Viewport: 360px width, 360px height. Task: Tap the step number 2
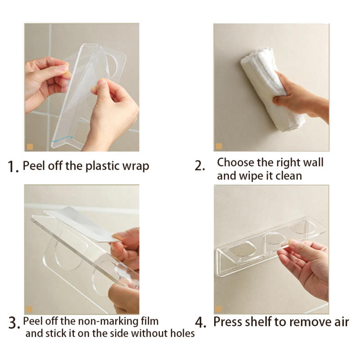(199, 166)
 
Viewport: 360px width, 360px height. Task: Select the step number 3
(13, 323)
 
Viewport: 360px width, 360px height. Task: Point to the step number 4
(200, 323)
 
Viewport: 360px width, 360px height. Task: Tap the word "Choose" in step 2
(235, 162)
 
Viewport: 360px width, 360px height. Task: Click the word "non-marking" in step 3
(103, 321)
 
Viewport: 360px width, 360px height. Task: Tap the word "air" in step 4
(341, 322)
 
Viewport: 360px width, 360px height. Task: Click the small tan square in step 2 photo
(219, 147)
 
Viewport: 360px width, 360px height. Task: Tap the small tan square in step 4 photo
(219, 309)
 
